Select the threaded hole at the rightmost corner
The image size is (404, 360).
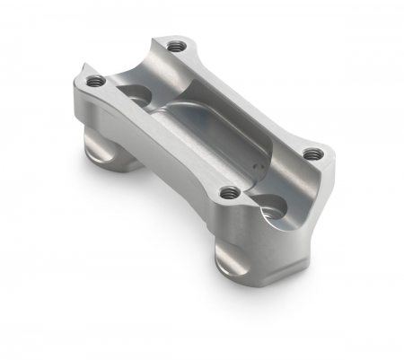(x=311, y=154)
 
